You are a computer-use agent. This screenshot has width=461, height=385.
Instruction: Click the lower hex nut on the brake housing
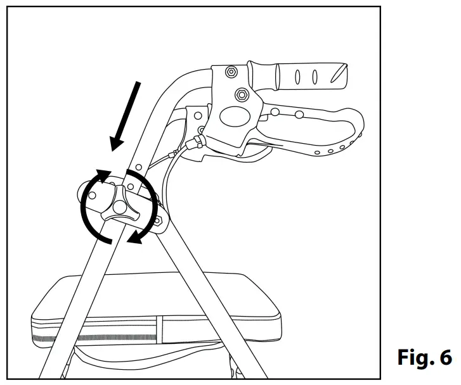point(241,96)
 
